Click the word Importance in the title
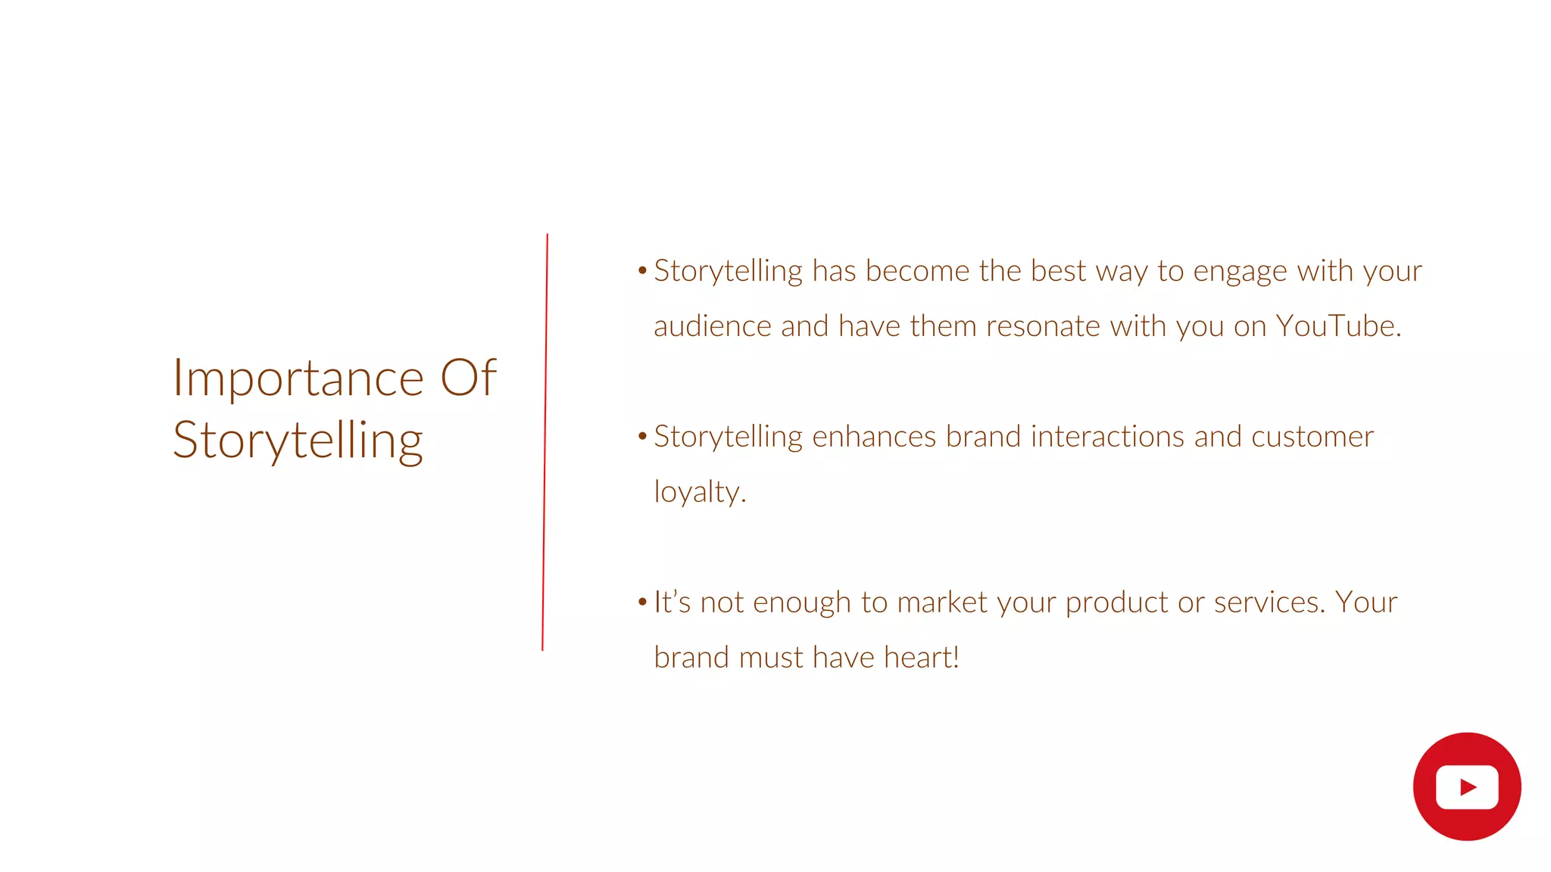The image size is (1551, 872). click(298, 378)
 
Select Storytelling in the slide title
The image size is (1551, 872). click(298, 441)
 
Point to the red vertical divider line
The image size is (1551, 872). click(545, 442)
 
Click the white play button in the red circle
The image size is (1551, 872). click(1467, 787)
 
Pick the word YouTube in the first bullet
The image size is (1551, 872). click(1338, 326)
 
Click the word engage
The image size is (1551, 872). click(1240, 272)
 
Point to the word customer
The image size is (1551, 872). click(1312, 437)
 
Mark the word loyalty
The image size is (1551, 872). click(700, 493)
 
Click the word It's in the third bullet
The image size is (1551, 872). click(672, 603)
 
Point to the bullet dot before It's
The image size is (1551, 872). click(642, 603)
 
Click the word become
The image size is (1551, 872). click(917, 271)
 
